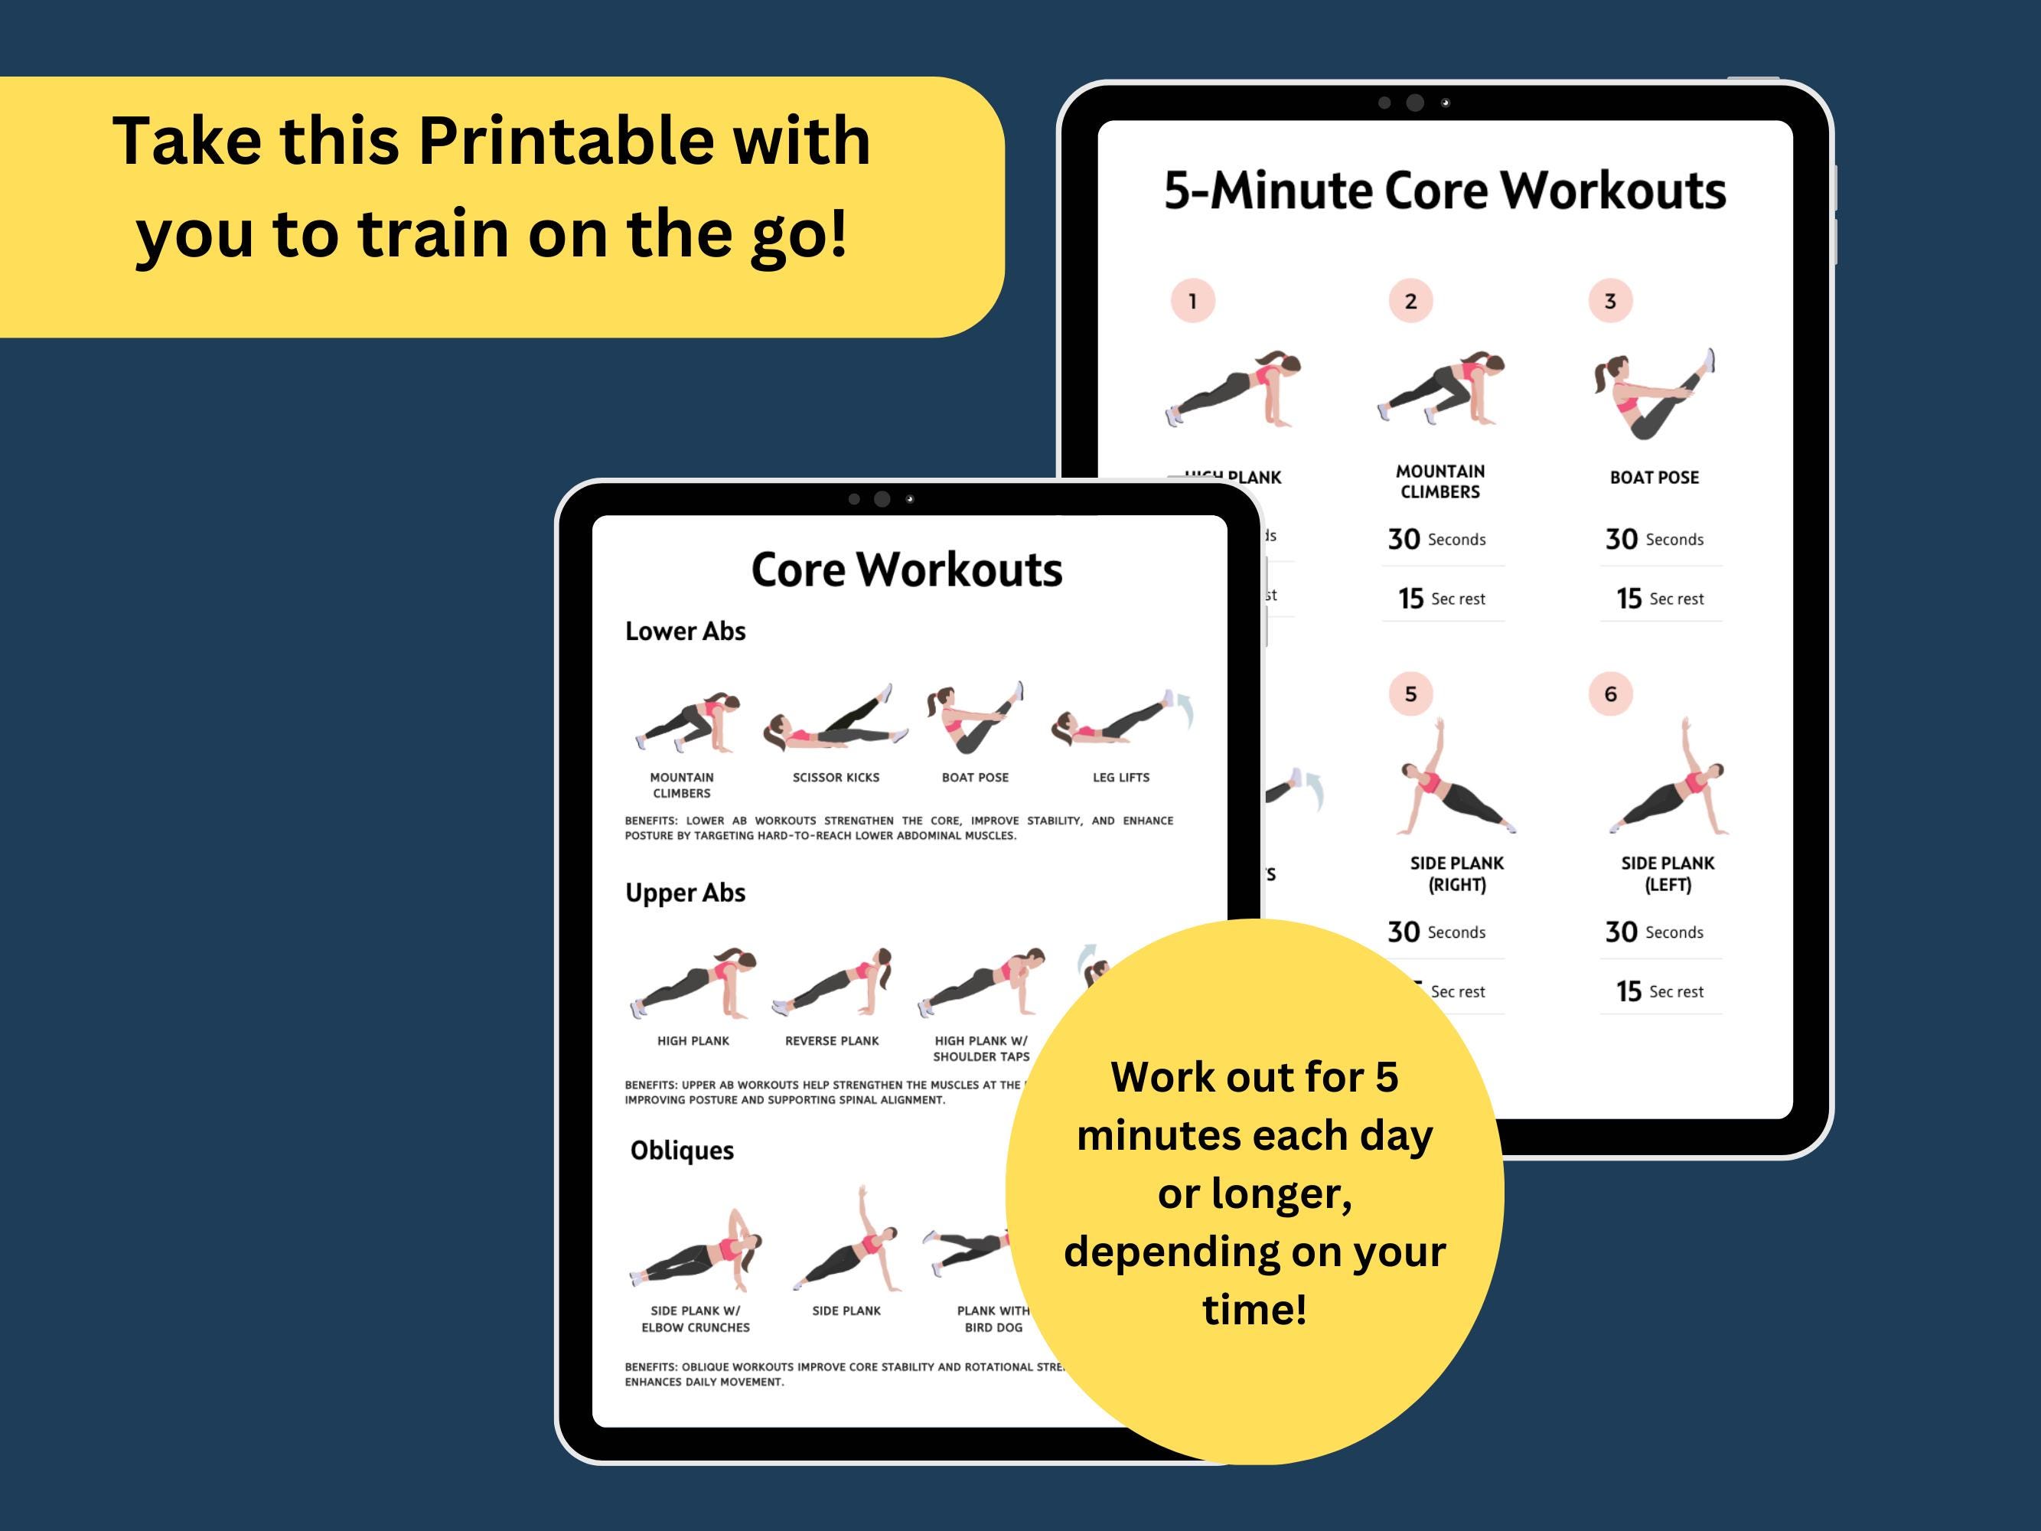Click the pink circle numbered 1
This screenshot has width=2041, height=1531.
pos(1192,301)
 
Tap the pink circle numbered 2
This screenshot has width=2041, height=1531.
pos(1410,301)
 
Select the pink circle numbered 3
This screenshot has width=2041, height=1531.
pos(1610,301)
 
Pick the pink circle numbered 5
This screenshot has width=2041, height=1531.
pos(1410,694)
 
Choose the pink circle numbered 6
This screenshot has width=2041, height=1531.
pos(1610,694)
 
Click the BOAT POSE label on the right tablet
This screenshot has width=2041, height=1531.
pos(1654,478)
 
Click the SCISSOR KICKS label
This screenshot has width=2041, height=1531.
pos(835,778)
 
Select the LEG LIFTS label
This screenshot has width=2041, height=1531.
pos(1120,778)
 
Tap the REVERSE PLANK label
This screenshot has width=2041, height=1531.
pos(831,1041)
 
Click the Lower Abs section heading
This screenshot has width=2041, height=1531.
pos(685,632)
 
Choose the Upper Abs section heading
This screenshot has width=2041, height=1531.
pos(685,893)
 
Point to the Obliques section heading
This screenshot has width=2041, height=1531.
pos(682,1151)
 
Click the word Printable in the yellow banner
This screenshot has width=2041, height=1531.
pos(566,142)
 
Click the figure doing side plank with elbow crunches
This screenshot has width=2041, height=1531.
pos(696,1251)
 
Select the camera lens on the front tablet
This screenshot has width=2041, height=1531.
pos(882,499)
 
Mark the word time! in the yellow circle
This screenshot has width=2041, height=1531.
pos(1254,1310)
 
